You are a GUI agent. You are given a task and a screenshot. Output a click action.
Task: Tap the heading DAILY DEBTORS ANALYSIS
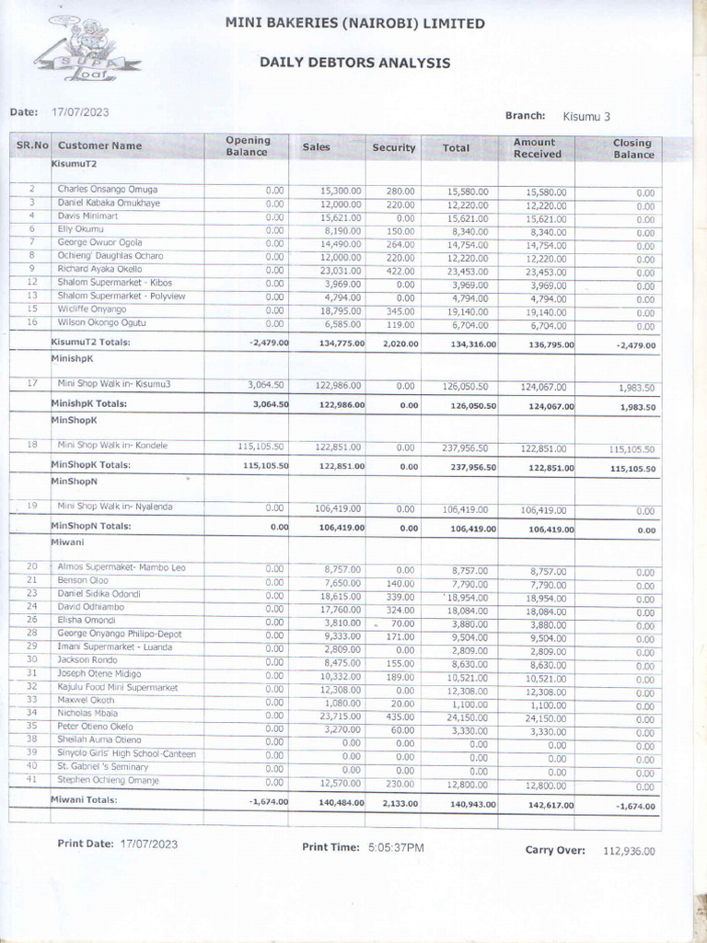point(354,63)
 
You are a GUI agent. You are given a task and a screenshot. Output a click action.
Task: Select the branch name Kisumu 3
point(585,117)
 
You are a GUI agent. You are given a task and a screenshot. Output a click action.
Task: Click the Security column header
point(394,147)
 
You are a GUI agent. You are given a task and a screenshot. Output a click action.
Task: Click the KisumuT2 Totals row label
point(90,343)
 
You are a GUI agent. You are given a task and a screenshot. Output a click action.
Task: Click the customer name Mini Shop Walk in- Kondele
point(112,446)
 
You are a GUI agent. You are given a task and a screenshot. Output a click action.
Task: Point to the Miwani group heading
point(67,543)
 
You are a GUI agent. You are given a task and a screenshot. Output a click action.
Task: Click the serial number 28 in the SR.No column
point(31,634)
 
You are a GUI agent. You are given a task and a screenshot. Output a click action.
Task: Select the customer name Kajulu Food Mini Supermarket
point(118,688)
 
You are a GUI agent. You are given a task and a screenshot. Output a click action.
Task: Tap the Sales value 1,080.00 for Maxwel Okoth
point(342,702)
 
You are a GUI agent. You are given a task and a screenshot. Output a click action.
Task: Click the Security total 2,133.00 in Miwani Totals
point(398,803)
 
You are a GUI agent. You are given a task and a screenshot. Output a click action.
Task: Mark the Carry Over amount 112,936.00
point(630,851)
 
